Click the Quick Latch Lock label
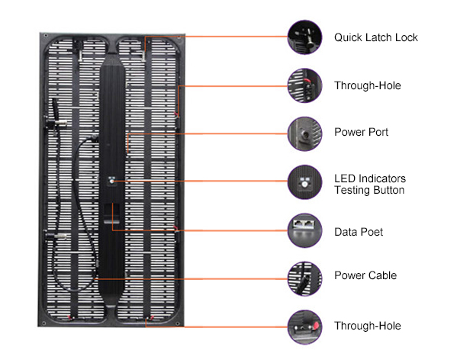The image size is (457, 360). [x=375, y=37]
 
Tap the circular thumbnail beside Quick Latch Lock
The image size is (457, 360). [x=304, y=37]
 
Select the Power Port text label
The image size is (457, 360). [x=361, y=132]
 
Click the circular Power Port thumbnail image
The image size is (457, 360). [x=304, y=133]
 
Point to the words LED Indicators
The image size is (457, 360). [x=370, y=178]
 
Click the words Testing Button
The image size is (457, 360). [x=369, y=190]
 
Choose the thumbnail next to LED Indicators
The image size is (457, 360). [x=304, y=182]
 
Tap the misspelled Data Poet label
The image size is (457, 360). [x=359, y=232]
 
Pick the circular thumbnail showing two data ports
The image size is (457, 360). [x=304, y=230]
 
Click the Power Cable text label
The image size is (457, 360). [x=365, y=275]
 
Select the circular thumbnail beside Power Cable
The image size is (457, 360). [x=304, y=278]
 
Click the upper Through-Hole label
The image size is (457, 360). [x=368, y=85]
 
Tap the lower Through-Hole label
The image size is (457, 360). [x=368, y=326]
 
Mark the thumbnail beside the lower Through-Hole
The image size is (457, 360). [x=304, y=327]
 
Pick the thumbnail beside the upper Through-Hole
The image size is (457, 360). [x=304, y=85]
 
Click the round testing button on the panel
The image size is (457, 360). [x=111, y=182]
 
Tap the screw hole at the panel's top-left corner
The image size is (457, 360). [x=46, y=36]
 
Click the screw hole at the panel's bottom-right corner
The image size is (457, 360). [x=178, y=323]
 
